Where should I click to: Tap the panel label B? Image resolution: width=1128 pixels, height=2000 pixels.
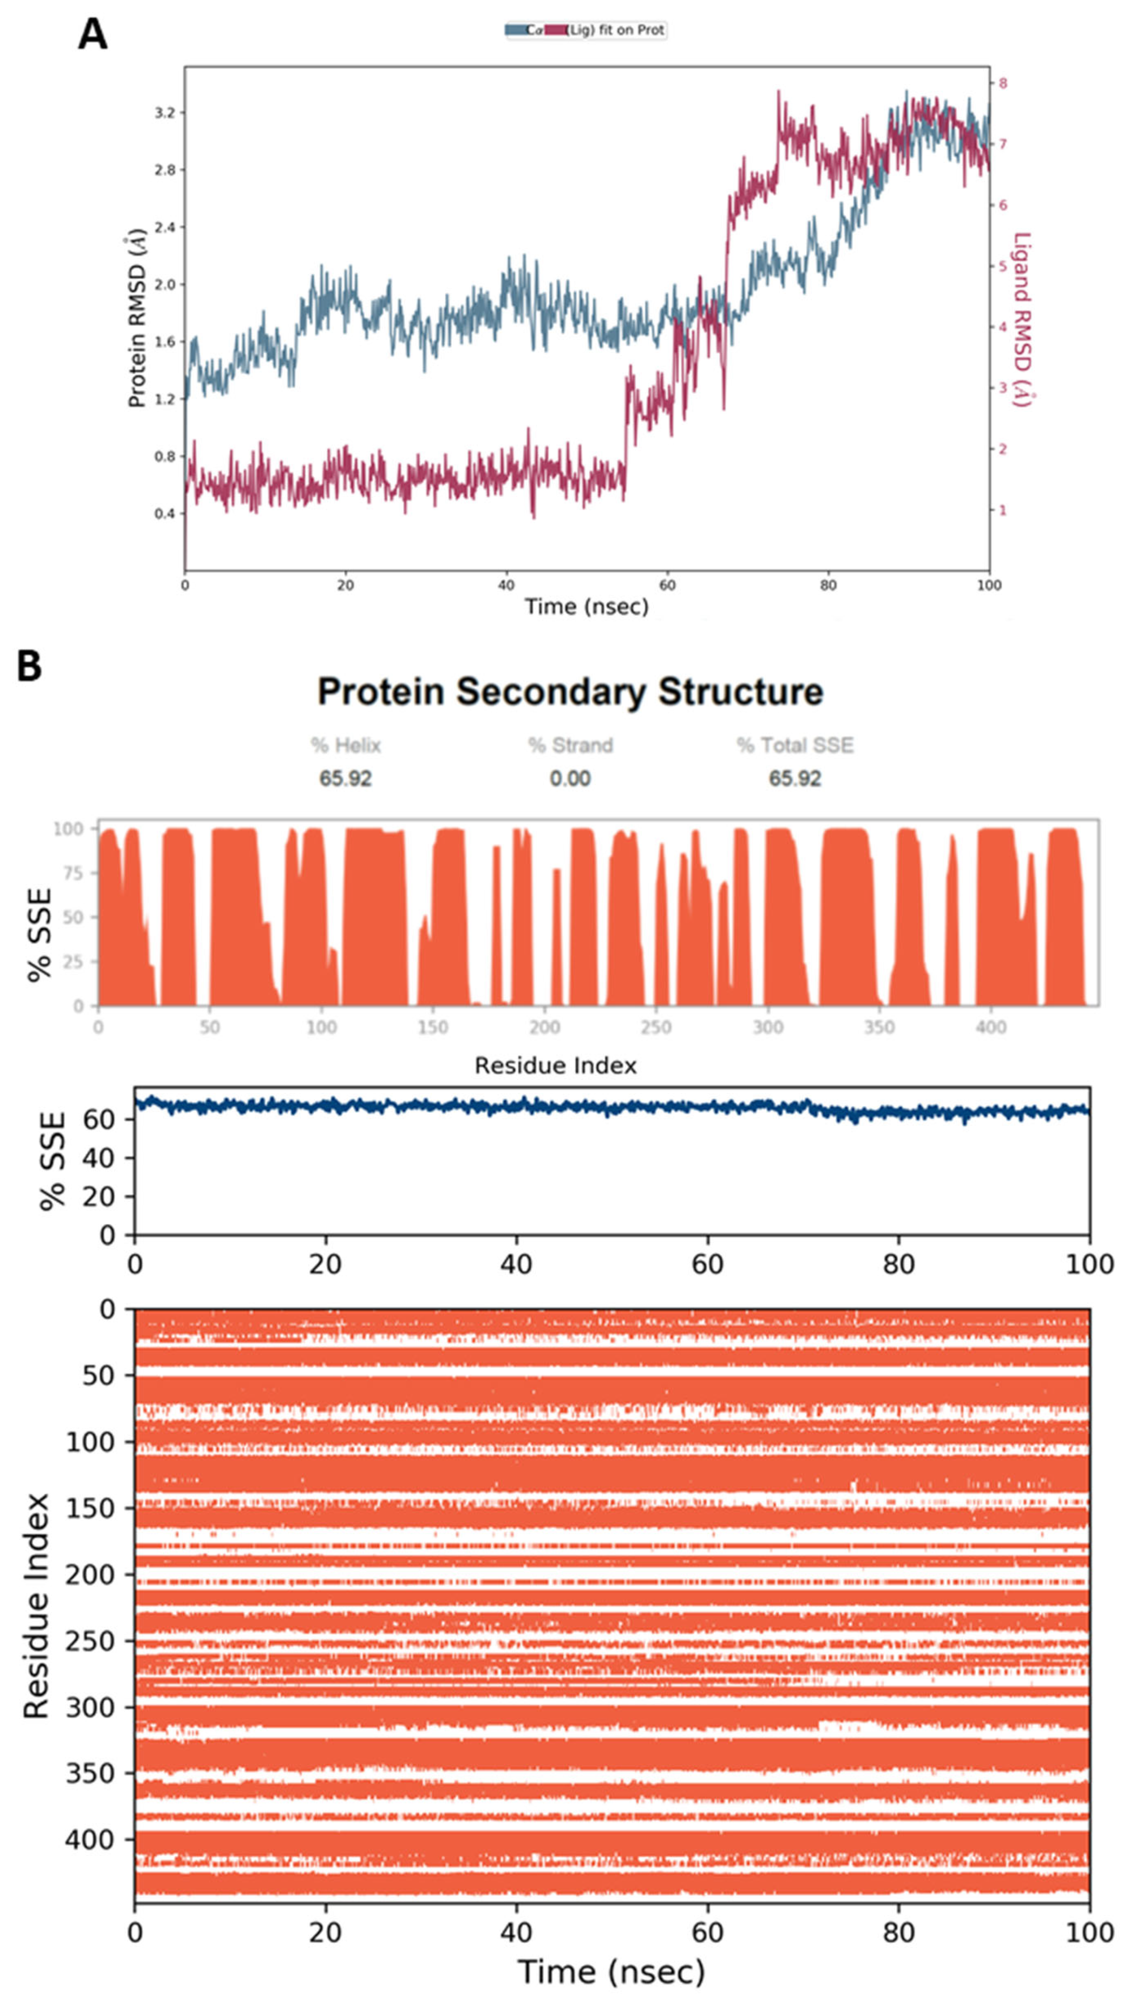[30, 666]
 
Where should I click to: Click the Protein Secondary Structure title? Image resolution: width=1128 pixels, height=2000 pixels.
[570, 691]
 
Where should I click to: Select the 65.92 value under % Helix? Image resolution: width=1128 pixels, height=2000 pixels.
[345, 778]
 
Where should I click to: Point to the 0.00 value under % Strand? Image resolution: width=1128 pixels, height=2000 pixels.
[570, 778]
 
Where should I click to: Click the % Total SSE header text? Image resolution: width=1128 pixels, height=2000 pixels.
[795, 746]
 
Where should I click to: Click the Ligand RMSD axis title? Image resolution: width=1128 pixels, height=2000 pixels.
[1023, 319]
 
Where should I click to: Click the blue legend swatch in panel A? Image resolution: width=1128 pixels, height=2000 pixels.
[516, 30]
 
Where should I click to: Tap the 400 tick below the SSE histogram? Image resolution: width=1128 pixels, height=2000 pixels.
[991, 1027]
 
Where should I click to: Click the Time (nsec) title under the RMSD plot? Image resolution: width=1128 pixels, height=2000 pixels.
[586, 606]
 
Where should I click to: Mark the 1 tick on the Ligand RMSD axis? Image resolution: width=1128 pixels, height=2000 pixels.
[1003, 510]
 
